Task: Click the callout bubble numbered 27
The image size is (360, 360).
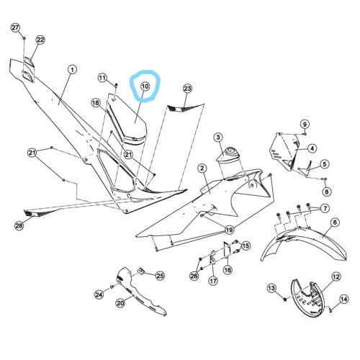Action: (15, 28)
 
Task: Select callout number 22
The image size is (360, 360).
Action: (40, 40)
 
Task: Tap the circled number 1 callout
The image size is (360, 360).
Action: (72, 70)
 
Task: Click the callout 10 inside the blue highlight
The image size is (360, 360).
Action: (145, 86)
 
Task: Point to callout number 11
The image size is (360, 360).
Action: (102, 78)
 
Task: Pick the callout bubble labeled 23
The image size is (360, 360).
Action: (187, 89)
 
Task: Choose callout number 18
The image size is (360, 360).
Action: (96, 103)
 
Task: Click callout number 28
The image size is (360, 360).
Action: (19, 225)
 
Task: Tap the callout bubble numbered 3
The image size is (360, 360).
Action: (218, 138)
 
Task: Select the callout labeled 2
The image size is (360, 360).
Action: (202, 168)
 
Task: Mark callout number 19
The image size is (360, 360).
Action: (230, 230)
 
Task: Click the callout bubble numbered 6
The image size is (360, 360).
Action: (335, 222)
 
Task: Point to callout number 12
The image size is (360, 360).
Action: (336, 276)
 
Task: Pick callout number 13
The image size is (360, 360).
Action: (271, 288)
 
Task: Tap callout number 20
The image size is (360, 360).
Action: (120, 303)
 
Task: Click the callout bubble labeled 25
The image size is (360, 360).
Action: (160, 276)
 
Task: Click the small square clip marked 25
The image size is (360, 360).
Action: (140, 271)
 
